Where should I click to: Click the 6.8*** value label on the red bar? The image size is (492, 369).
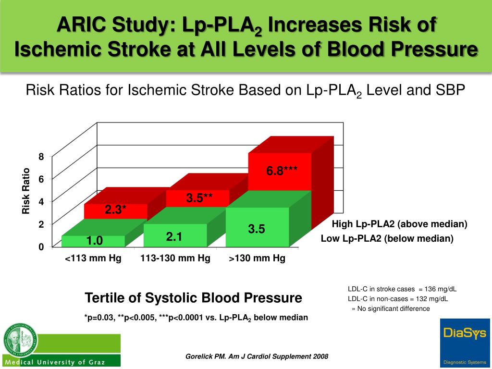(x=282, y=171)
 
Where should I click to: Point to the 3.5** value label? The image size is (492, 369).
(x=199, y=197)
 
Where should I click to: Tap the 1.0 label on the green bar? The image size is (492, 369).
(x=95, y=240)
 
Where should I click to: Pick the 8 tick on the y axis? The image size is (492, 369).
(x=41, y=157)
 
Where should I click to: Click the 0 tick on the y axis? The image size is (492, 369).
(x=41, y=247)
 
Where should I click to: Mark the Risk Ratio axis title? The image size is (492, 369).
(x=26, y=191)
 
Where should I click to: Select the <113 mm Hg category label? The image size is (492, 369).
(x=93, y=258)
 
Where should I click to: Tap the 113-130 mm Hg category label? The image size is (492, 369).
(x=175, y=258)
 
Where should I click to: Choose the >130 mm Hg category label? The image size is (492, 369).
(x=257, y=258)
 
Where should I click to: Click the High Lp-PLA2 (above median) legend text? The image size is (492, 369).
(x=399, y=224)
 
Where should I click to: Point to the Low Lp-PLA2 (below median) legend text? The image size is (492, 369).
(x=387, y=238)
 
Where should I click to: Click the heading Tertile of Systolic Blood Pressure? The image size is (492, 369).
(x=193, y=298)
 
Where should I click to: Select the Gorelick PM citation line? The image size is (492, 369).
(x=257, y=356)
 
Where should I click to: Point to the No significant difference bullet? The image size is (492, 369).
(x=391, y=308)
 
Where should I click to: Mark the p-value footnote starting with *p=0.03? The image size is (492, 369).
(x=196, y=318)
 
